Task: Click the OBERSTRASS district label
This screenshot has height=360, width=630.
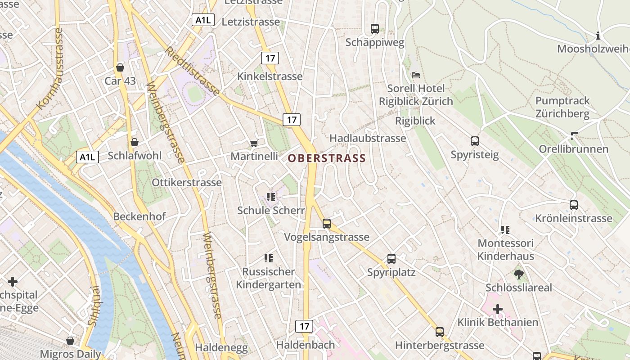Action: pos(327,158)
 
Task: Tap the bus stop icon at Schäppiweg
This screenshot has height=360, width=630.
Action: pos(375,29)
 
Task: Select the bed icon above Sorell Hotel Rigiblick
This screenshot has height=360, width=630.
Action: pos(416,75)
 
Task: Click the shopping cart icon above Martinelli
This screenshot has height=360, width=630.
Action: pos(254,143)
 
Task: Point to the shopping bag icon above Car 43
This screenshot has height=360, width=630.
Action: pos(120,67)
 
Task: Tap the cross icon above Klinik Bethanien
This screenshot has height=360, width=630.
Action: pos(498,309)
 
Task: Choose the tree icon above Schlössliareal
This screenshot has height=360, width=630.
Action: pos(518,274)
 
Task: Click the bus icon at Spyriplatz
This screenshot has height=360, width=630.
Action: pos(391,259)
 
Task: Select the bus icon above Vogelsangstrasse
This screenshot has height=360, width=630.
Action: pos(327,223)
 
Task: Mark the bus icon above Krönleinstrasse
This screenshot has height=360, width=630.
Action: pos(574,205)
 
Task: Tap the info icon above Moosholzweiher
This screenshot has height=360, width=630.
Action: pos(598,36)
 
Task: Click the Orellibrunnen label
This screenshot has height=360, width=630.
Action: pos(574,149)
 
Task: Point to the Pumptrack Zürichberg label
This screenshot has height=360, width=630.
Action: pos(562,107)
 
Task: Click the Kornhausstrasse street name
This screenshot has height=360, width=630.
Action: pos(50,69)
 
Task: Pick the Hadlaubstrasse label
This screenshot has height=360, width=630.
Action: pos(368,138)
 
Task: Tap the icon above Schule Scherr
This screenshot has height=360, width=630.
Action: pos(270,197)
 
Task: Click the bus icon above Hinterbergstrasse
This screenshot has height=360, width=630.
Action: pos(440,332)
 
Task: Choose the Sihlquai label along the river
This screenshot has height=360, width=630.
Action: pos(94,306)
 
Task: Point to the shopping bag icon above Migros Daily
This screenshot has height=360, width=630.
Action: pos(70,341)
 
